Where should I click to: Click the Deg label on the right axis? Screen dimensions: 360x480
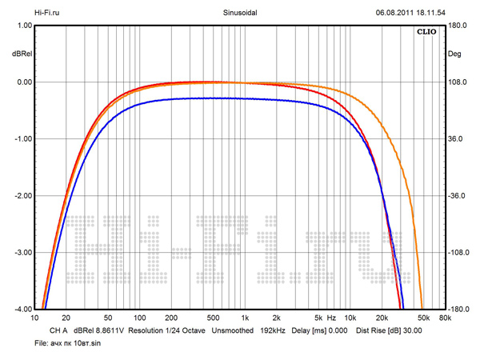(x=454, y=54)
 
